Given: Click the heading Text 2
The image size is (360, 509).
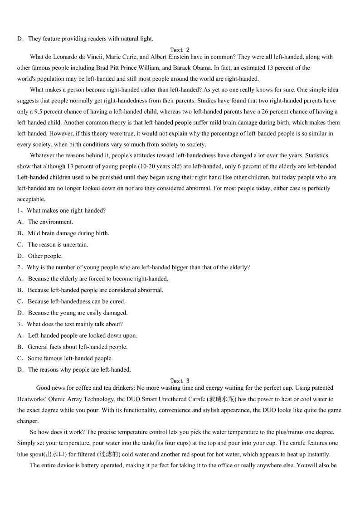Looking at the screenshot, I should coord(180,50).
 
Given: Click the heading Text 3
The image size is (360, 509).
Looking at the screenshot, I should coord(180,381).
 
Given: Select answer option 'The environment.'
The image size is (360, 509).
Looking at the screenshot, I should coord(50,222).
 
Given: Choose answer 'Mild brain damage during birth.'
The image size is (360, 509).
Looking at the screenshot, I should coord(68,233).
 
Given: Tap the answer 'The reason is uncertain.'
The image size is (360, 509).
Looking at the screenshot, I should coord(58,245).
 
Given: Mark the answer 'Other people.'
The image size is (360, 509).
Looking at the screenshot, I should coord(45,256).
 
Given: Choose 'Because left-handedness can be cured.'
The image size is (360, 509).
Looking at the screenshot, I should coord(77,301).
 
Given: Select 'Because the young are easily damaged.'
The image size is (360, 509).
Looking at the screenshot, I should coord(78,313).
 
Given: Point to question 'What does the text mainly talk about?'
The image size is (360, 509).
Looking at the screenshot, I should coord(75,324).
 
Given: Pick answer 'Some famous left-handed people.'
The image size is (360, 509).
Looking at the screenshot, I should coord(70,358).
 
